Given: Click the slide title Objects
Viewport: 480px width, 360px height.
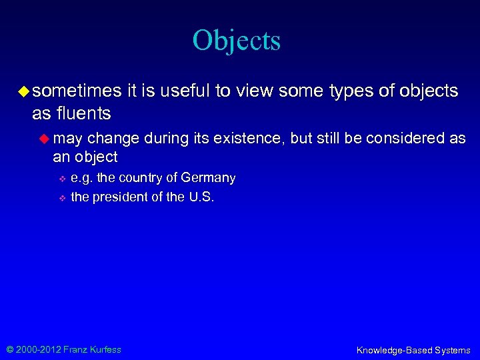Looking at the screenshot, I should (237, 40).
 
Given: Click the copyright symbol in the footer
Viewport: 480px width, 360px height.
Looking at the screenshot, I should (9, 349).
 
